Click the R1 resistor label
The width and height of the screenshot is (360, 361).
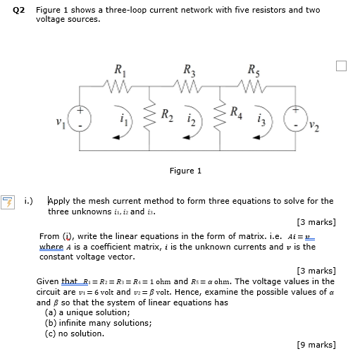coord(118,70)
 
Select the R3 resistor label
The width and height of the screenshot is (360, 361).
coord(188,70)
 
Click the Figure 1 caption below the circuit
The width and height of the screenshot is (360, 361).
coord(185,171)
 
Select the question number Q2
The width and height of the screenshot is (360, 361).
coord(19,11)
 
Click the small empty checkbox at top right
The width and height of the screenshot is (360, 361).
coord(342,66)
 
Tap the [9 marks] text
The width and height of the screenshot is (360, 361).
coord(316,344)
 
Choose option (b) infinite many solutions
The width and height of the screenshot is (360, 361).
coord(97,323)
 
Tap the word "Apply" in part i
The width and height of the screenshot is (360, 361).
coord(59,201)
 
